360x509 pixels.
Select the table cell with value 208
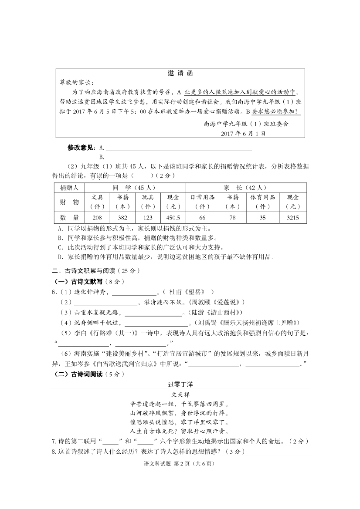[97, 218]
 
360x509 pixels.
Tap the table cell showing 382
[123, 218]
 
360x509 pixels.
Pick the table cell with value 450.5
[173, 218]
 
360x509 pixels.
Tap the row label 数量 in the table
[69, 218]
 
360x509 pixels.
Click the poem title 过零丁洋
[180, 385]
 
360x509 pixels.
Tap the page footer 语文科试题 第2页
[180, 464]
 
